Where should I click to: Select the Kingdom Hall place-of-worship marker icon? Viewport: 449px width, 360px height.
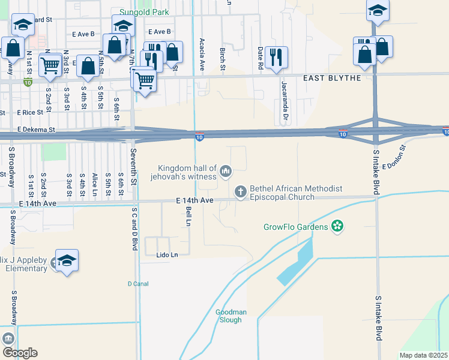click(226, 172)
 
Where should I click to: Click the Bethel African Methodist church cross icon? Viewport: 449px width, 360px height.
click(240, 192)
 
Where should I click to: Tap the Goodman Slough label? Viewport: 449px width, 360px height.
click(229, 316)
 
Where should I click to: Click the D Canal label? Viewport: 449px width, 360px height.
click(137, 283)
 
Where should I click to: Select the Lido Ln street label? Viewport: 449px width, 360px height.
click(167, 255)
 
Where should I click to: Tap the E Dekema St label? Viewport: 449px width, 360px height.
click(36, 129)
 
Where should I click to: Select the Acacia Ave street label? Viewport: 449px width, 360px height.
click(202, 54)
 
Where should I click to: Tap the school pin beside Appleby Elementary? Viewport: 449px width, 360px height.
click(67, 260)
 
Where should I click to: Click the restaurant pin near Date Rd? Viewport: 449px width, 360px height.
click(276, 58)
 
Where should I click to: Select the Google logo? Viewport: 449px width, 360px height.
click(20, 352)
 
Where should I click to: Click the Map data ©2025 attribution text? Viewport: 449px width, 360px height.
click(423, 355)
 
